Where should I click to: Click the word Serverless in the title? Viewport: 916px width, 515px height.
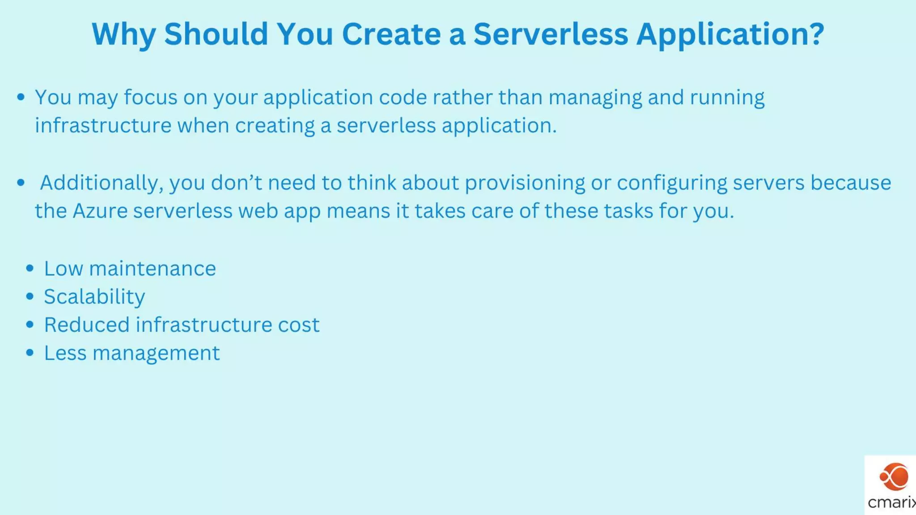coord(551,34)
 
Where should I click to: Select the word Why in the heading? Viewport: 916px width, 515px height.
coord(124,35)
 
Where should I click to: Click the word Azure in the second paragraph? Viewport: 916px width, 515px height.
coord(100,211)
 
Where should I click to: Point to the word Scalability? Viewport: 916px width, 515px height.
coord(94,297)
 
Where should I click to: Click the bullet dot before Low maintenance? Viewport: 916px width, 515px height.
coord(30,268)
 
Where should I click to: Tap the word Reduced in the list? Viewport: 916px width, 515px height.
coord(86,325)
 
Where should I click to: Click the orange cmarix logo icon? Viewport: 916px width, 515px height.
coord(894,477)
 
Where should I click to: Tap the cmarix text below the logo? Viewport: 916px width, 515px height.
coord(891,502)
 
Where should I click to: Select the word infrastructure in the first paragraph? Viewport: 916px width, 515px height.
coord(103,126)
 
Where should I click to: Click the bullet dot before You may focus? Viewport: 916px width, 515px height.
coord(21,97)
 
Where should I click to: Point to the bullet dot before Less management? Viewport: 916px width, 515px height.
coord(30,353)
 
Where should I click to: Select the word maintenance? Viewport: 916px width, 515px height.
coord(152,269)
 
